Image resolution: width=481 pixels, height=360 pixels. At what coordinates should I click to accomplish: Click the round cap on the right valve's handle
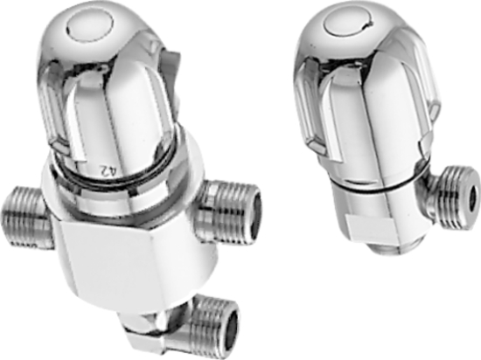pos(347,25)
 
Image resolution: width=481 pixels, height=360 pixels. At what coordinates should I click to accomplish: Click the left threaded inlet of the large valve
pos(25,216)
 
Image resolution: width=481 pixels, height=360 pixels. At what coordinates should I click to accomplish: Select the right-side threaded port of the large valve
pos(228,210)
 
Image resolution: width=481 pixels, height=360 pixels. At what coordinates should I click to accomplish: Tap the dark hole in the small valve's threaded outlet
pos(473,195)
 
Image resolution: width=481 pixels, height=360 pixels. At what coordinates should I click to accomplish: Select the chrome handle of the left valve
pos(110,86)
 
